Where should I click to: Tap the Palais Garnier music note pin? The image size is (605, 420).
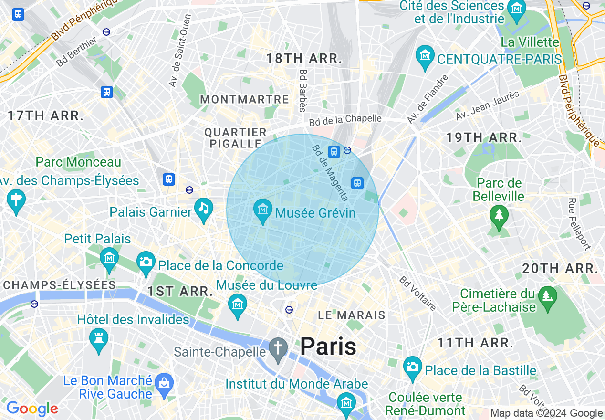pyautogui.click(x=204, y=208)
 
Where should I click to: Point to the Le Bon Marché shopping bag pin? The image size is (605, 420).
pyautogui.click(x=165, y=384)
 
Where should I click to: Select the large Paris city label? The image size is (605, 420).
pyautogui.click(x=328, y=346)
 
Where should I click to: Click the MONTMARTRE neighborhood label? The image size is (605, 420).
pyautogui.click(x=244, y=100)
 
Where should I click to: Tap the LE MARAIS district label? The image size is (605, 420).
pyautogui.click(x=352, y=315)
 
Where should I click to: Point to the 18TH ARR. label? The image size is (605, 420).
pyautogui.click(x=304, y=59)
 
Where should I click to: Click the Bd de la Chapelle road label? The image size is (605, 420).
pyautogui.click(x=345, y=120)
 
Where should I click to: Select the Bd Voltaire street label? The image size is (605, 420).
pyautogui.click(x=418, y=293)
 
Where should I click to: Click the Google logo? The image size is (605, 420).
pyautogui.click(x=32, y=409)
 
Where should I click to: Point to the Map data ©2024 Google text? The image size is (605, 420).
pyautogui.click(x=547, y=413)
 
